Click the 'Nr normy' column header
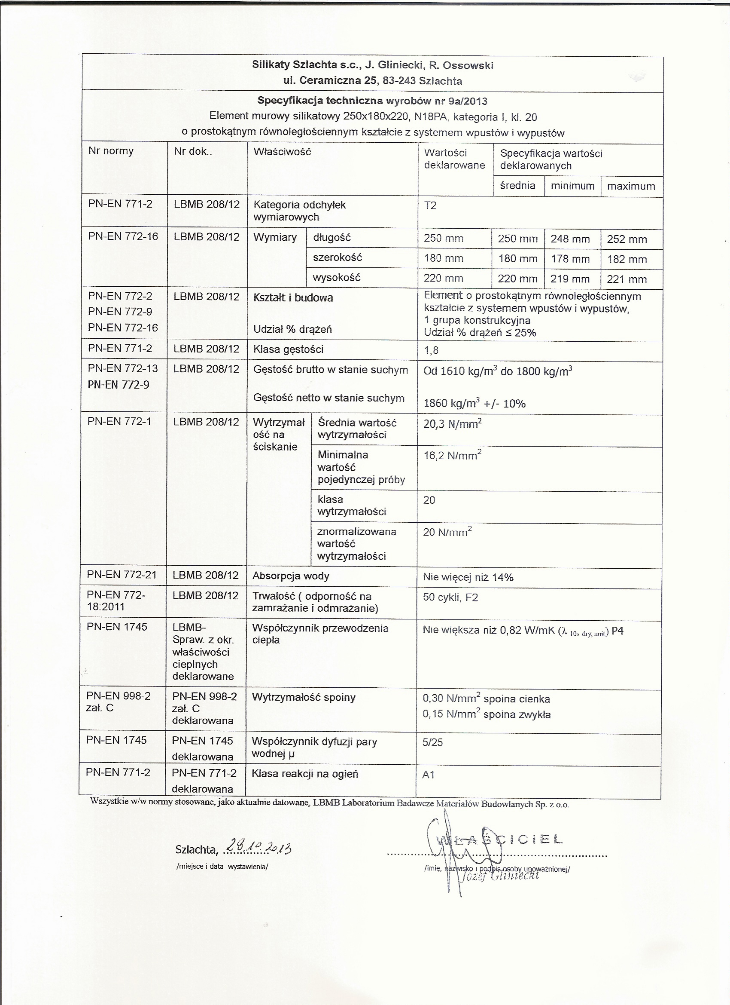click(111, 151)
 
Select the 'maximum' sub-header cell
click(631, 187)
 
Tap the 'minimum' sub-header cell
click(572, 186)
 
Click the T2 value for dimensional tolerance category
click(430, 205)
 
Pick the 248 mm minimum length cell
click(570, 239)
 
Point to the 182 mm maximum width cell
click(627, 259)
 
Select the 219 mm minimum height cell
click(570, 279)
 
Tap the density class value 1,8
click(431, 350)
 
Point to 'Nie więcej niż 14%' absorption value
click(468, 577)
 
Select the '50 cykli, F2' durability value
click(450, 597)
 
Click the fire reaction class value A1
click(429, 775)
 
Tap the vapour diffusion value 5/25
click(432, 743)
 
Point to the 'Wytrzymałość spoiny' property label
click(303, 698)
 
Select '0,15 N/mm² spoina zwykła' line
click(487, 714)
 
